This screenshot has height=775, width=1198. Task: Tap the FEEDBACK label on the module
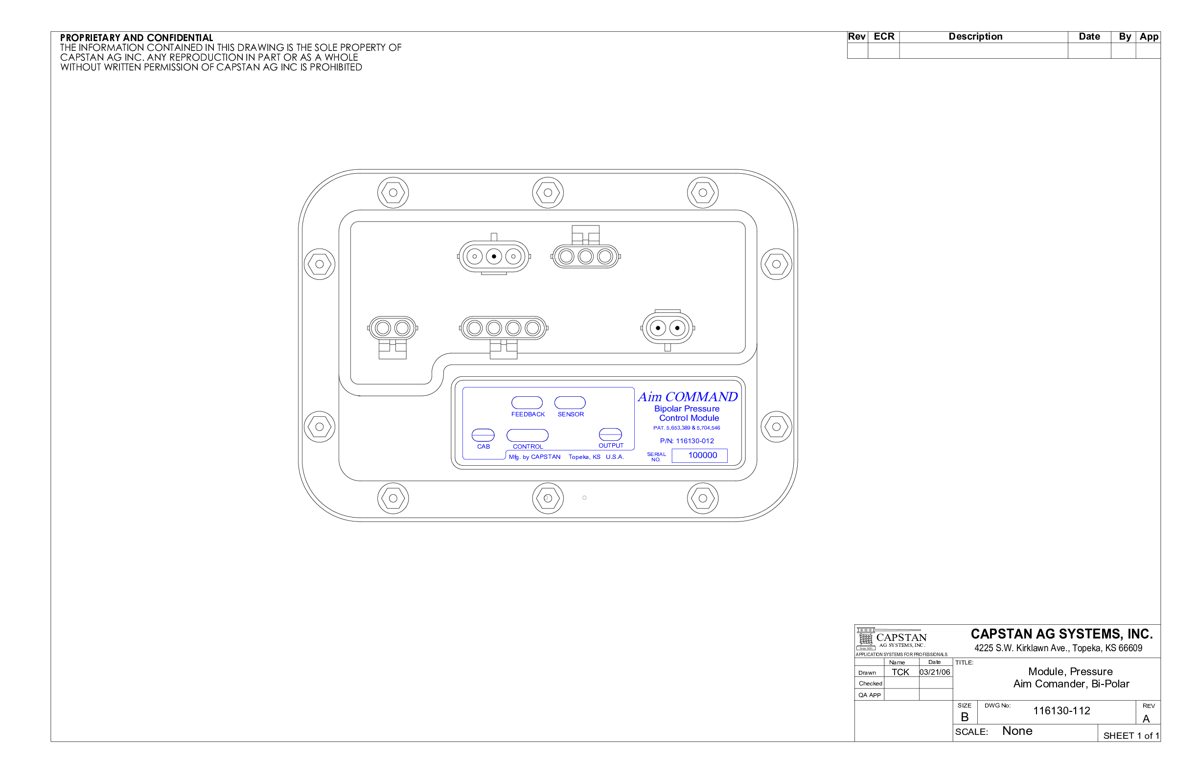coord(528,414)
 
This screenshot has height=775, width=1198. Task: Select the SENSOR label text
coord(571,414)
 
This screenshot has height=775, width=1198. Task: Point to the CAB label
coord(483,446)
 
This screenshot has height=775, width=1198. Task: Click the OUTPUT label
coord(611,445)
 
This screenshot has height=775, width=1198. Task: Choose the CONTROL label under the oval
coord(528,446)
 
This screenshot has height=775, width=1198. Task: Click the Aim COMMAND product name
coord(688,397)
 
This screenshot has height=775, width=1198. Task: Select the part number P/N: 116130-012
coord(687,441)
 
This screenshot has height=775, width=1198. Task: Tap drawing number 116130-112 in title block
coord(1061,710)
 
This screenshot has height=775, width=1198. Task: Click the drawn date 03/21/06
coord(935,672)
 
